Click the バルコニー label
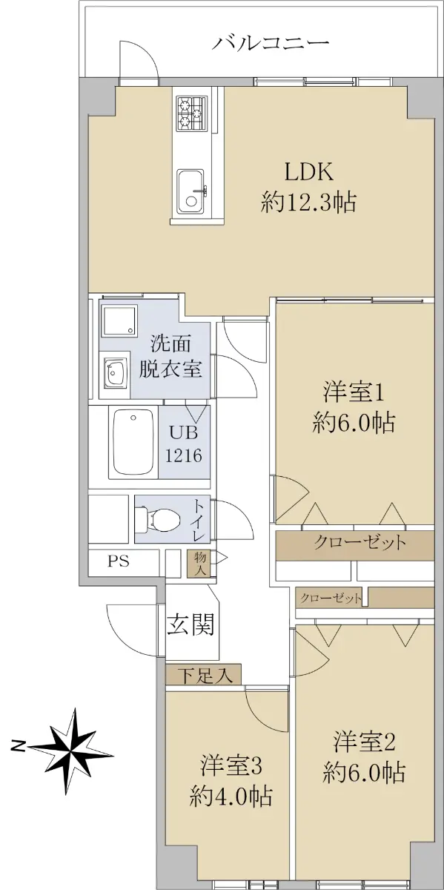[x=271, y=42]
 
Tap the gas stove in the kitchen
[x=193, y=113]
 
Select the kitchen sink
[x=190, y=191]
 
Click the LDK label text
[x=309, y=173]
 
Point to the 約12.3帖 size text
[x=308, y=202]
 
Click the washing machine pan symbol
[x=119, y=320]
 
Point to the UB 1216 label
[x=184, y=444]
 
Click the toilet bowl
[x=158, y=519]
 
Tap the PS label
[x=119, y=561]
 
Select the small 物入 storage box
[x=199, y=564]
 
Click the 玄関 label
[x=190, y=624]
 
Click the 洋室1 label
[x=354, y=393]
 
